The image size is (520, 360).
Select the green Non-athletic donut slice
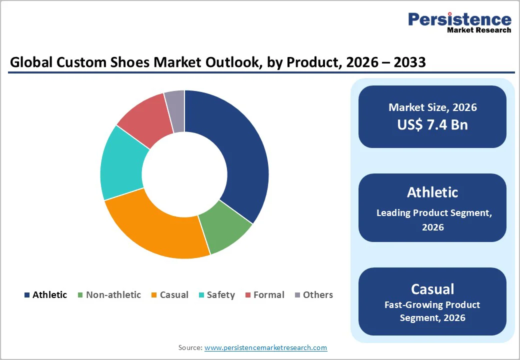click(225, 231)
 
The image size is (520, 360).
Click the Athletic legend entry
click(49, 295)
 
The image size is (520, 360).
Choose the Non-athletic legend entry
click(113, 295)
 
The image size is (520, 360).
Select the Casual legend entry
click(173, 295)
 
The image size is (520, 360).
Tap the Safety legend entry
click(220, 295)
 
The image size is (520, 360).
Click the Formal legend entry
click(268, 295)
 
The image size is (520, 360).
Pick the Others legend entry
click(317, 295)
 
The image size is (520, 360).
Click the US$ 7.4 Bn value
click(432, 124)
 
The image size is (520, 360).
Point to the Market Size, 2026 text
click(432, 107)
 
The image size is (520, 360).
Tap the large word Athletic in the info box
click(432, 192)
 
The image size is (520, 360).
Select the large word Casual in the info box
click(432, 289)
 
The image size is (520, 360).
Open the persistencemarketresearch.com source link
click(265, 347)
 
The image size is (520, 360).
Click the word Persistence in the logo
click(459, 19)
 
